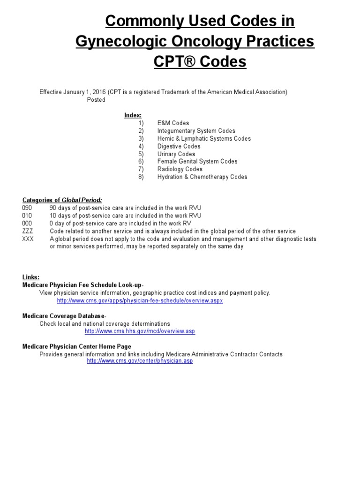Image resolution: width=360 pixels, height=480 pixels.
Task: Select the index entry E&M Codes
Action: (x=173, y=123)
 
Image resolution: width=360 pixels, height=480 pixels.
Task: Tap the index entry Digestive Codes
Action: (x=179, y=146)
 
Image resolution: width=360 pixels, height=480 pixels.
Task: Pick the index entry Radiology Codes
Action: (x=180, y=169)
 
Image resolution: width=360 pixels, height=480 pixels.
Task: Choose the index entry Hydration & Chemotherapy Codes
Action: (x=202, y=177)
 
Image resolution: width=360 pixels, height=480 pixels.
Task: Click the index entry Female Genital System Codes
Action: (x=197, y=161)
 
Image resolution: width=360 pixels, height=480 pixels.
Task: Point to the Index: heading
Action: (x=133, y=115)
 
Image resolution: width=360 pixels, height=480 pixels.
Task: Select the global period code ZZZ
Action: (x=28, y=231)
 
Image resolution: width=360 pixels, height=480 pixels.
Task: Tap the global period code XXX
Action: (x=28, y=239)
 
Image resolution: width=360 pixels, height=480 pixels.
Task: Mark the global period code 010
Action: (x=27, y=216)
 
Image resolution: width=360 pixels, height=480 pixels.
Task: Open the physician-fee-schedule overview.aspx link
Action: (x=140, y=300)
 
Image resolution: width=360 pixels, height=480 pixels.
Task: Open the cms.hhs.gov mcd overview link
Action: (x=140, y=331)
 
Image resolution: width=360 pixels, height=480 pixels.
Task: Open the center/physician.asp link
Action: (x=140, y=361)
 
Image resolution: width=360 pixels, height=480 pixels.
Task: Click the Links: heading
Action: (x=31, y=277)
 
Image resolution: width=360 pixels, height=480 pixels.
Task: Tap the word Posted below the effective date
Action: (x=96, y=100)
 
